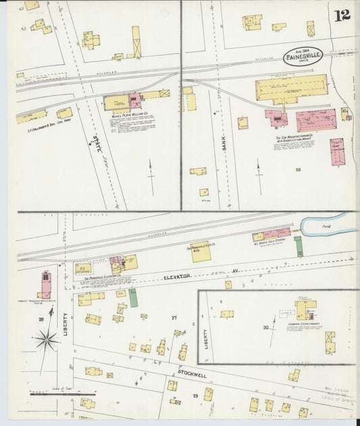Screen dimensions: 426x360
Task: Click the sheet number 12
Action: [342, 15]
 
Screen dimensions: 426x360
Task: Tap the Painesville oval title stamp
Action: [303, 56]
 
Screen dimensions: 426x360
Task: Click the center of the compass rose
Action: [46, 340]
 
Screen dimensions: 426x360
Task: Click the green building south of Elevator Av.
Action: [133, 298]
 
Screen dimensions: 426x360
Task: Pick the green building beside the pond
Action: [298, 246]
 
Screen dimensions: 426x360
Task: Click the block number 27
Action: [174, 317]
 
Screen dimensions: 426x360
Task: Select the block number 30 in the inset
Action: [265, 327]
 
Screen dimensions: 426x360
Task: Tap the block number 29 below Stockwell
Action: [196, 395]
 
